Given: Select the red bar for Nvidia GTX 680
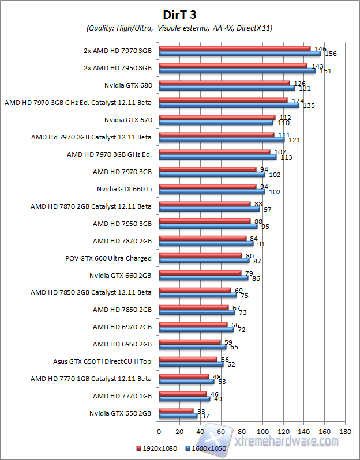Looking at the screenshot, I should [x=224, y=83].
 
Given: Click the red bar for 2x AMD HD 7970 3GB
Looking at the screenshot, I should [x=234, y=48].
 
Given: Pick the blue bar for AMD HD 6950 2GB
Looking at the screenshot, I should [x=192, y=347].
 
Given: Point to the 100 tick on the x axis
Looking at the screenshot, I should [x=262, y=431].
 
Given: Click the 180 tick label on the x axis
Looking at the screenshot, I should [x=346, y=431].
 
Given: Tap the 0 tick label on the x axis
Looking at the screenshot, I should [x=159, y=431].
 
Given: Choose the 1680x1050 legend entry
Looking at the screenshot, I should [x=207, y=447].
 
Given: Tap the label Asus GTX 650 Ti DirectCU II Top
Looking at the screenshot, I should [x=102, y=361].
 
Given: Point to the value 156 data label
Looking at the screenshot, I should [x=331, y=54].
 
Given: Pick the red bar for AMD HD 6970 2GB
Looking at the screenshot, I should [x=193, y=325].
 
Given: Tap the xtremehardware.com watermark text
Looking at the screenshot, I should [x=288, y=440].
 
